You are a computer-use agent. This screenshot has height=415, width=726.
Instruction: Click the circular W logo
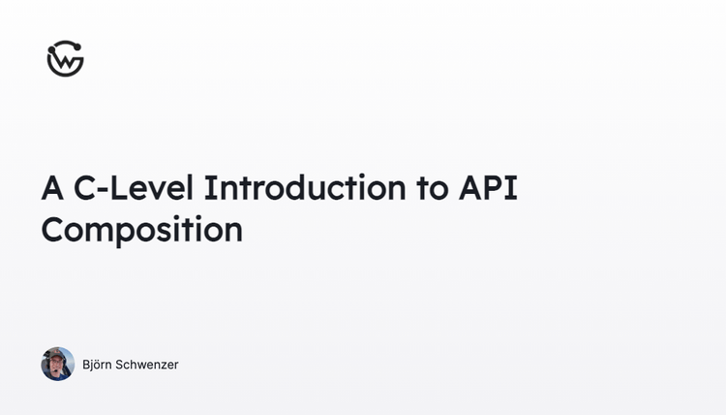coord(65,59)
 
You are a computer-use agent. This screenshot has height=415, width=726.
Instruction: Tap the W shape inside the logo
coord(66,63)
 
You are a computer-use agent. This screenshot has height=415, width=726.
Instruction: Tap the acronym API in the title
coord(488,188)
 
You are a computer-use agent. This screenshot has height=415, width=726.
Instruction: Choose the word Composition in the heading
coord(141,231)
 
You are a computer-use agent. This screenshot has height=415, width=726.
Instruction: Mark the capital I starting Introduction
coord(215,188)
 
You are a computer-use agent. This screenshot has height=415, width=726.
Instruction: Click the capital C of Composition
coord(54,231)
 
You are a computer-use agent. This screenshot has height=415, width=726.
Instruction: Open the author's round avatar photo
coord(57,364)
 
